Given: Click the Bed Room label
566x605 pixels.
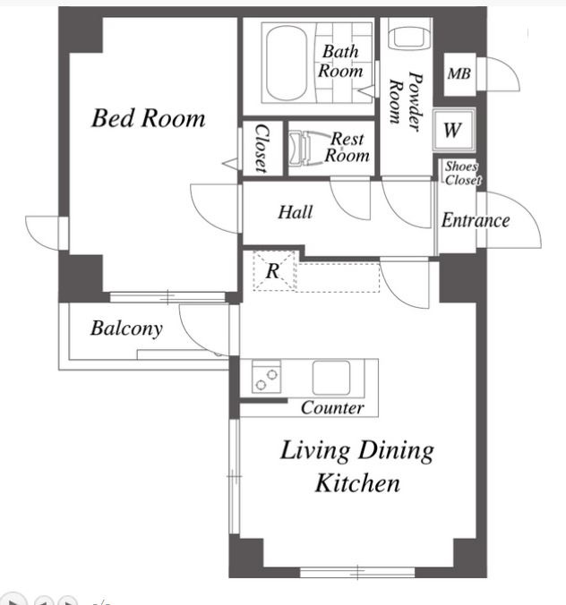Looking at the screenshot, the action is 149,118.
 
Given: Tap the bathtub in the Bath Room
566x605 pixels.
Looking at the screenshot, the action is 287,63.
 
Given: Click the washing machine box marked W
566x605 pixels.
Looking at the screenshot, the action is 453,130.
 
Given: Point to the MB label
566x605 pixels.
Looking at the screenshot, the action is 459,72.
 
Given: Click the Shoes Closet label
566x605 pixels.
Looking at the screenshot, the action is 462,174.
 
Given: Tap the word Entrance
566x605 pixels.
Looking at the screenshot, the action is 476,220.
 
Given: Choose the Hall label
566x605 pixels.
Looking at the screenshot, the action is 296,212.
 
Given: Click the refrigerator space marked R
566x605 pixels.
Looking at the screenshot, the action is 273,270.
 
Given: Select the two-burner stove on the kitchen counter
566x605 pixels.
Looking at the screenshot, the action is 266,377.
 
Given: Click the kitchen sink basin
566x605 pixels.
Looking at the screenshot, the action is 331,378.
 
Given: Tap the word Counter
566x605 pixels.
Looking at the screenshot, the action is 332,408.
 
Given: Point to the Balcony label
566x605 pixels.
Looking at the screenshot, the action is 126,328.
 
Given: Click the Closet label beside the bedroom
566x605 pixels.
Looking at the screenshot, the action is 262,149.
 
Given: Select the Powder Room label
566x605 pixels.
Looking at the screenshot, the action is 406,101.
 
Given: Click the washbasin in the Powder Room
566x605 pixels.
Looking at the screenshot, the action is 409,34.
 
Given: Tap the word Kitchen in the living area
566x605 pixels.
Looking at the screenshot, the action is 357,482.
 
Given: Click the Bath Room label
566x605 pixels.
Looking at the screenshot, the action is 340,62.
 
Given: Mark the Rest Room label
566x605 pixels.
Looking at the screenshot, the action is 347,147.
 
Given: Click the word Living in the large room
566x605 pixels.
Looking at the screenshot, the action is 315,451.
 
